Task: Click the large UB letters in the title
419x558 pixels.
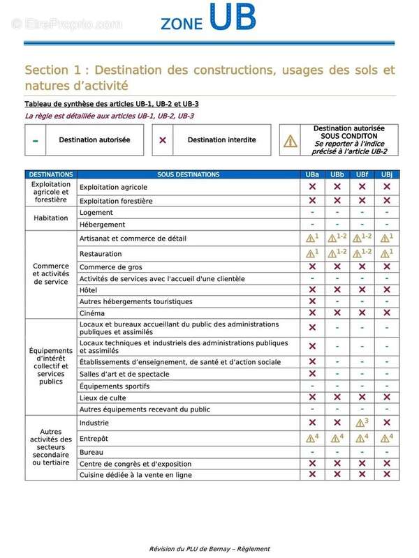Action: tap(233, 17)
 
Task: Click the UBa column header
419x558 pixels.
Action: tap(312, 174)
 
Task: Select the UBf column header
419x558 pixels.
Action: tap(362, 174)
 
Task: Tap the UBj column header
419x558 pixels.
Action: tap(386, 174)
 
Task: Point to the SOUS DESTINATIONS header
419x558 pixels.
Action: tap(188, 174)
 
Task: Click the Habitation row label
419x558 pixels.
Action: tap(51, 218)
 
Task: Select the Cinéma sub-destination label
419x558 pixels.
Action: tap(92, 313)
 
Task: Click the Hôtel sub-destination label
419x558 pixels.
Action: tap(89, 289)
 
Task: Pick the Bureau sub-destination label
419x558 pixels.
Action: tap(91, 452)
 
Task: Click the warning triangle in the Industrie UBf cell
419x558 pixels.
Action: tap(359, 423)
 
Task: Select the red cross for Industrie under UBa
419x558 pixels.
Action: tap(312, 423)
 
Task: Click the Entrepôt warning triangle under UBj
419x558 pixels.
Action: tap(383, 439)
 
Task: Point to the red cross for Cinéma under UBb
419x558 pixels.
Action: tap(337, 313)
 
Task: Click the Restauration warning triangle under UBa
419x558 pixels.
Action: tap(310, 254)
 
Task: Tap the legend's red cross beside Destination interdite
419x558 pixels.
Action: tap(162, 140)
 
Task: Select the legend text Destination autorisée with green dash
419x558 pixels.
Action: tap(94, 140)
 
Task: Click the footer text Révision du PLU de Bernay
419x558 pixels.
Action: tap(209, 549)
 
